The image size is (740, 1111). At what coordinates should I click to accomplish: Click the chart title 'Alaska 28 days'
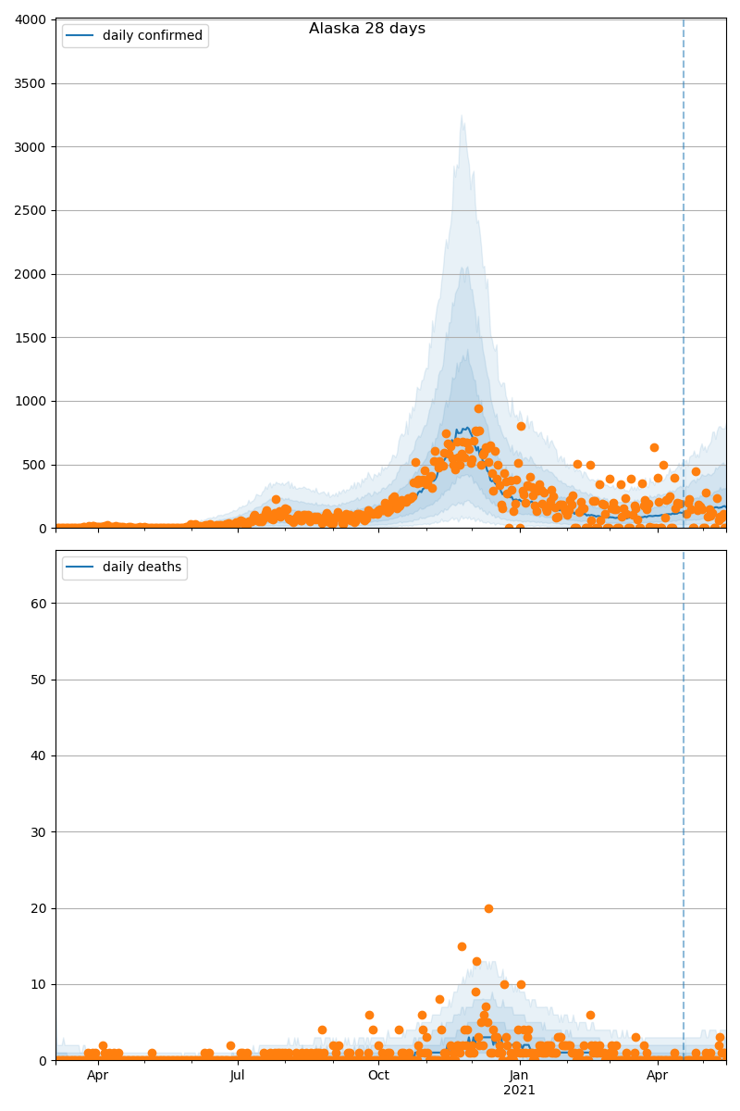(x=367, y=29)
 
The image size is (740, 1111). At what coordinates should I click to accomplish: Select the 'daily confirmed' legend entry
(x=152, y=36)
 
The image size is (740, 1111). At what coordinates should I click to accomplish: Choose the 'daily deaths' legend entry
(x=142, y=568)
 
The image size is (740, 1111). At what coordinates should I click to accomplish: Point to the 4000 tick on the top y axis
(x=31, y=20)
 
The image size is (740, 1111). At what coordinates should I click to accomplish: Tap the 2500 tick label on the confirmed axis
(x=31, y=211)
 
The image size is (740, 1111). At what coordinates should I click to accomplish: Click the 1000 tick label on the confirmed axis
(x=31, y=402)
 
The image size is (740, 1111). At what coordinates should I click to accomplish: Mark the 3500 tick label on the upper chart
(x=31, y=84)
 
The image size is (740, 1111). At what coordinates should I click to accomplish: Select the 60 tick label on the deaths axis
(x=38, y=604)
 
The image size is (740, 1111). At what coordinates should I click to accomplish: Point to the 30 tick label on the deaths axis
(x=38, y=832)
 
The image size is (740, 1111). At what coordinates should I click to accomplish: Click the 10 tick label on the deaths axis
(x=38, y=984)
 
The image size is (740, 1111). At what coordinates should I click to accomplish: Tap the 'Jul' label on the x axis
(x=238, y=1075)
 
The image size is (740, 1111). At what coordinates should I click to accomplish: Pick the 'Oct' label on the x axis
(x=378, y=1075)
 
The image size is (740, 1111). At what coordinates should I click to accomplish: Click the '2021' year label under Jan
(x=519, y=1091)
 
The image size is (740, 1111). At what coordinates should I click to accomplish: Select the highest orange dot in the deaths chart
(x=488, y=908)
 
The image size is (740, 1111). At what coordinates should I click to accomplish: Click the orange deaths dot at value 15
(x=462, y=946)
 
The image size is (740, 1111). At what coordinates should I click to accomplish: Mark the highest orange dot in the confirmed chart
(x=478, y=408)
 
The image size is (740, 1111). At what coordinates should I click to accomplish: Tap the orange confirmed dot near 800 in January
(x=521, y=426)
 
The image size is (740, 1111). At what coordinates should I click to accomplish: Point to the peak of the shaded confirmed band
(x=462, y=116)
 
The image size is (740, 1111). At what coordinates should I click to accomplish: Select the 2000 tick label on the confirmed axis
(x=31, y=275)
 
